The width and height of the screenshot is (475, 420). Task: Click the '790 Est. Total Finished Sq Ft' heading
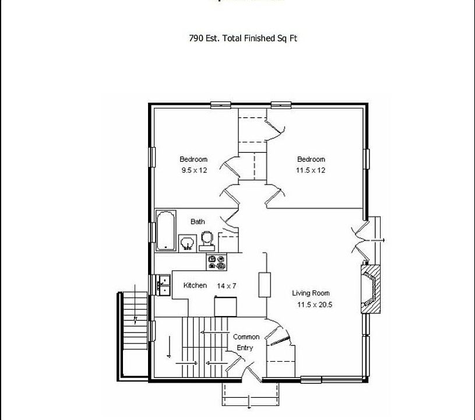[x=243, y=38]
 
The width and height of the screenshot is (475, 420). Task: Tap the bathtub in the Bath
[x=166, y=230]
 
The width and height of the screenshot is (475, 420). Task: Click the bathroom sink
[x=187, y=242]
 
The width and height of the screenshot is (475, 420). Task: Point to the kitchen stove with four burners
[x=216, y=262]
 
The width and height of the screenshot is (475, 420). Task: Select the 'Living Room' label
[x=311, y=293]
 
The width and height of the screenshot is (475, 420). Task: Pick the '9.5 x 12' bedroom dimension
[x=194, y=170]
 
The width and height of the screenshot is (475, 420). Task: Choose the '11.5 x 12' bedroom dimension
[x=311, y=170]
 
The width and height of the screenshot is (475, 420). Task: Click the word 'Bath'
[x=198, y=222]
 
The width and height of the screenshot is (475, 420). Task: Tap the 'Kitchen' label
[x=195, y=285]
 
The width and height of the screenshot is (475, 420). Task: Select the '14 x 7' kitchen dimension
[x=227, y=286]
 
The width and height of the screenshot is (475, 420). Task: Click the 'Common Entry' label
[x=246, y=342]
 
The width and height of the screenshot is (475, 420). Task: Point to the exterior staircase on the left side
[x=133, y=321]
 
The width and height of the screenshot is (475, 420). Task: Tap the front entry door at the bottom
[x=251, y=373]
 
